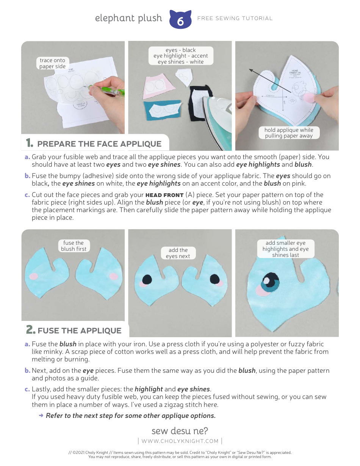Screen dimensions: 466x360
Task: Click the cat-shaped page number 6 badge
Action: coord(180,20)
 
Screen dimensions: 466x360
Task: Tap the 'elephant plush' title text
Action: coord(128,18)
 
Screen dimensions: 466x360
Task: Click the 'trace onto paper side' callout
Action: coord(52,63)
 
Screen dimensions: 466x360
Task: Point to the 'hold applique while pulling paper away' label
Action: coord(289,133)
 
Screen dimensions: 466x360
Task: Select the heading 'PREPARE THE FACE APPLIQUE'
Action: coord(99,144)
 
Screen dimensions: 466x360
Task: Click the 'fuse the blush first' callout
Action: coord(74,246)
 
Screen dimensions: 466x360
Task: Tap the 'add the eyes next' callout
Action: coord(178,253)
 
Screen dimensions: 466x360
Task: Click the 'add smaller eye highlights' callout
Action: coord(285,249)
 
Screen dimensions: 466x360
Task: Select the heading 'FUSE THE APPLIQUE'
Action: coord(79,330)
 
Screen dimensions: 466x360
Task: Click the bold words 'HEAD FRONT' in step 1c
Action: coord(164,195)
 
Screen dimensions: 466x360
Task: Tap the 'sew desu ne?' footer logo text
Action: coord(180,431)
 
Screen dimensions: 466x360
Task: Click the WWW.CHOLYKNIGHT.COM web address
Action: coord(180,441)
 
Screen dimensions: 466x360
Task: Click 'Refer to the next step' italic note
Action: coord(130,416)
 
